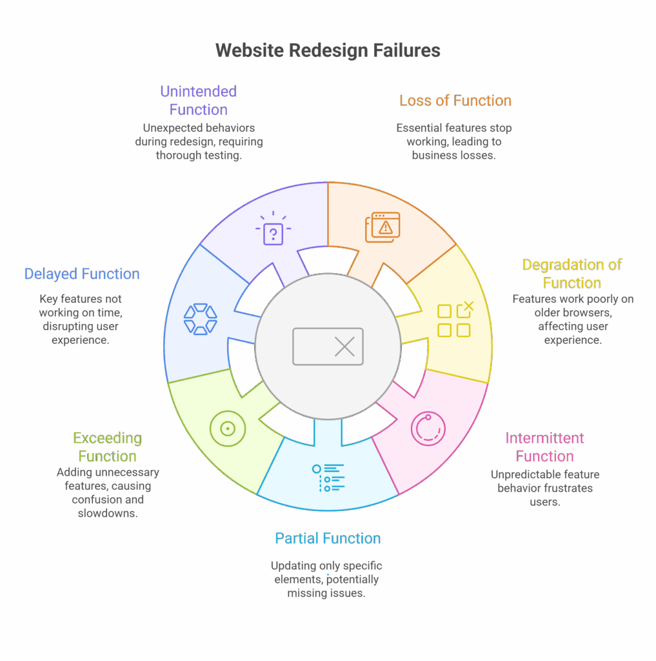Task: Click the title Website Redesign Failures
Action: (328, 51)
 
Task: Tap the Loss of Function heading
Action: (455, 101)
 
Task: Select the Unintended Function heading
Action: (199, 100)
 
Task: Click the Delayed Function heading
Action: (82, 274)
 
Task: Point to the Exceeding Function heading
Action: (107, 447)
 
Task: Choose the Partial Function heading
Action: (328, 538)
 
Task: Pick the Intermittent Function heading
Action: (544, 447)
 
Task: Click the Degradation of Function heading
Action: (572, 274)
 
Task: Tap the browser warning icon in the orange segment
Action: (383, 227)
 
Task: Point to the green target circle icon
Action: (227, 428)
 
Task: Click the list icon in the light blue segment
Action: (328, 478)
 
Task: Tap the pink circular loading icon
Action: (428, 428)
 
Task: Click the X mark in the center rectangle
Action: (345, 347)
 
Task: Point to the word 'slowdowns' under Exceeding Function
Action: (108, 513)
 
